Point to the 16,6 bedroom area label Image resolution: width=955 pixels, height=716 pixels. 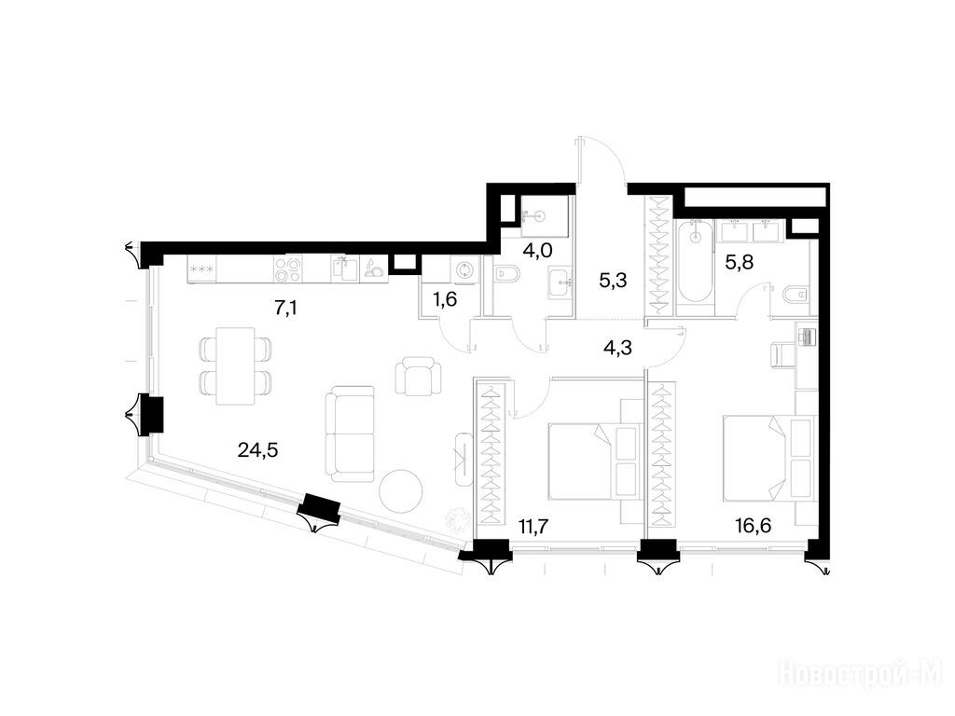click(754, 524)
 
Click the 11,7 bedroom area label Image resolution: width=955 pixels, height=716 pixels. click(534, 524)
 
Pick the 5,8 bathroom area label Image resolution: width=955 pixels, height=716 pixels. click(739, 262)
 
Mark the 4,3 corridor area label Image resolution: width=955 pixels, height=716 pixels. click(617, 349)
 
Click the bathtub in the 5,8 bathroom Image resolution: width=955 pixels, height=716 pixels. click(694, 262)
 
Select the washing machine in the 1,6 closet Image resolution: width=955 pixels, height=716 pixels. click(464, 269)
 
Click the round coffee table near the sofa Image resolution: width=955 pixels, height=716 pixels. click(401, 492)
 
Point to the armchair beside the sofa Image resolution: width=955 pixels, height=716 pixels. click(419, 376)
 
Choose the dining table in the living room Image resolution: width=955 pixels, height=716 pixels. click(236, 365)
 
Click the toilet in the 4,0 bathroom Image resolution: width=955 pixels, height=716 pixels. click(505, 275)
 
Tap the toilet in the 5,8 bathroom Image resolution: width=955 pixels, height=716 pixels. click(794, 296)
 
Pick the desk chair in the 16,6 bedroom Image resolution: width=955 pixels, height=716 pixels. click(782, 355)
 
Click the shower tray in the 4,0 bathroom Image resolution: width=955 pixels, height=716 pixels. click(545, 215)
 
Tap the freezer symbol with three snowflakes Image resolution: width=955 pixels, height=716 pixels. click(201, 268)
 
